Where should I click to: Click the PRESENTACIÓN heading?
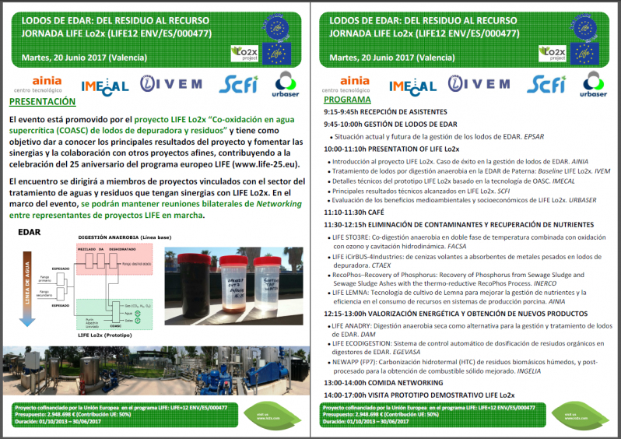click(43, 101)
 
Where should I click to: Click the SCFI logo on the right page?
click(545, 84)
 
